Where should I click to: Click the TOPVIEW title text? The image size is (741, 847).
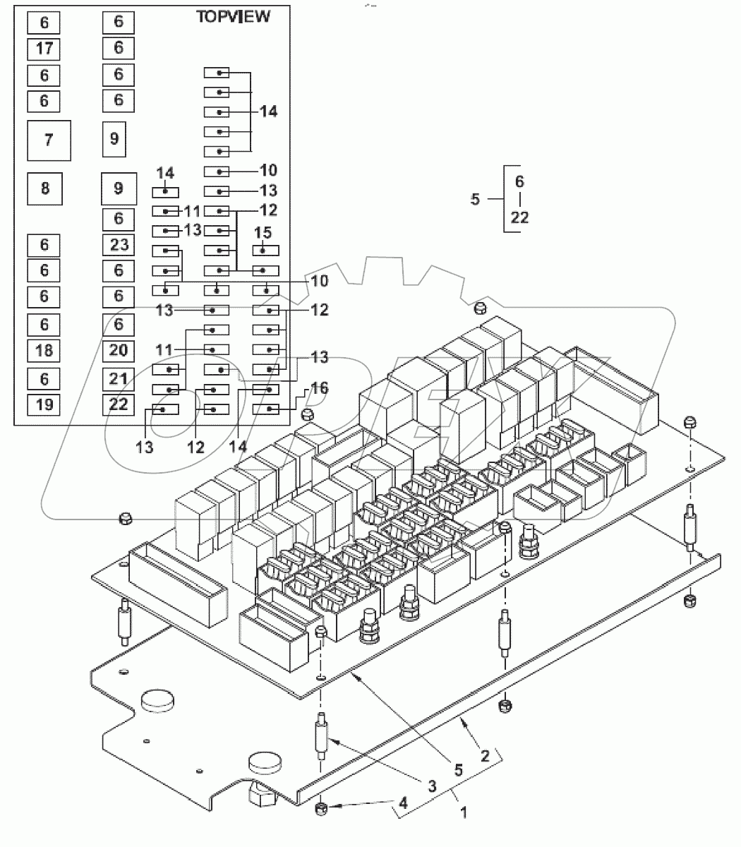click(232, 17)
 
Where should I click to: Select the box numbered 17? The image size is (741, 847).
click(44, 49)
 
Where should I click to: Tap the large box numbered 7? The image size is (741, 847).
click(49, 140)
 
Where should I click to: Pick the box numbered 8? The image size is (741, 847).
click(45, 188)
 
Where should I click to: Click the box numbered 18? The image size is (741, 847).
click(44, 350)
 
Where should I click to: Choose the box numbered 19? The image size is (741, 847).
click(44, 404)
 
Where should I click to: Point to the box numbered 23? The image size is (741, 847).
click(119, 244)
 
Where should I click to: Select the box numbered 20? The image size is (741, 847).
click(119, 350)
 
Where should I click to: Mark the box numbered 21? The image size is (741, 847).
click(119, 378)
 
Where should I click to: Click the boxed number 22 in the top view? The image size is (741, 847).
click(119, 404)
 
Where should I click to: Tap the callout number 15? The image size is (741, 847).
click(263, 232)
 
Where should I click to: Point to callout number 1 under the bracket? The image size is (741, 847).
click(464, 812)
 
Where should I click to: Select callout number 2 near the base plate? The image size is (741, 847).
click(485, 756)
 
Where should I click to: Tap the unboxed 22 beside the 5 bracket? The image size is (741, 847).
click(519, 217)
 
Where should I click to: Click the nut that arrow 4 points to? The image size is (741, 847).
click(320, 808)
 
